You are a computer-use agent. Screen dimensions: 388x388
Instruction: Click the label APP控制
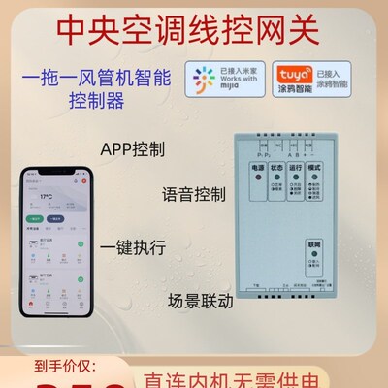click(132, 151)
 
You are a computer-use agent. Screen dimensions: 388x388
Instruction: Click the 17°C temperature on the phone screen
click(46, 194)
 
